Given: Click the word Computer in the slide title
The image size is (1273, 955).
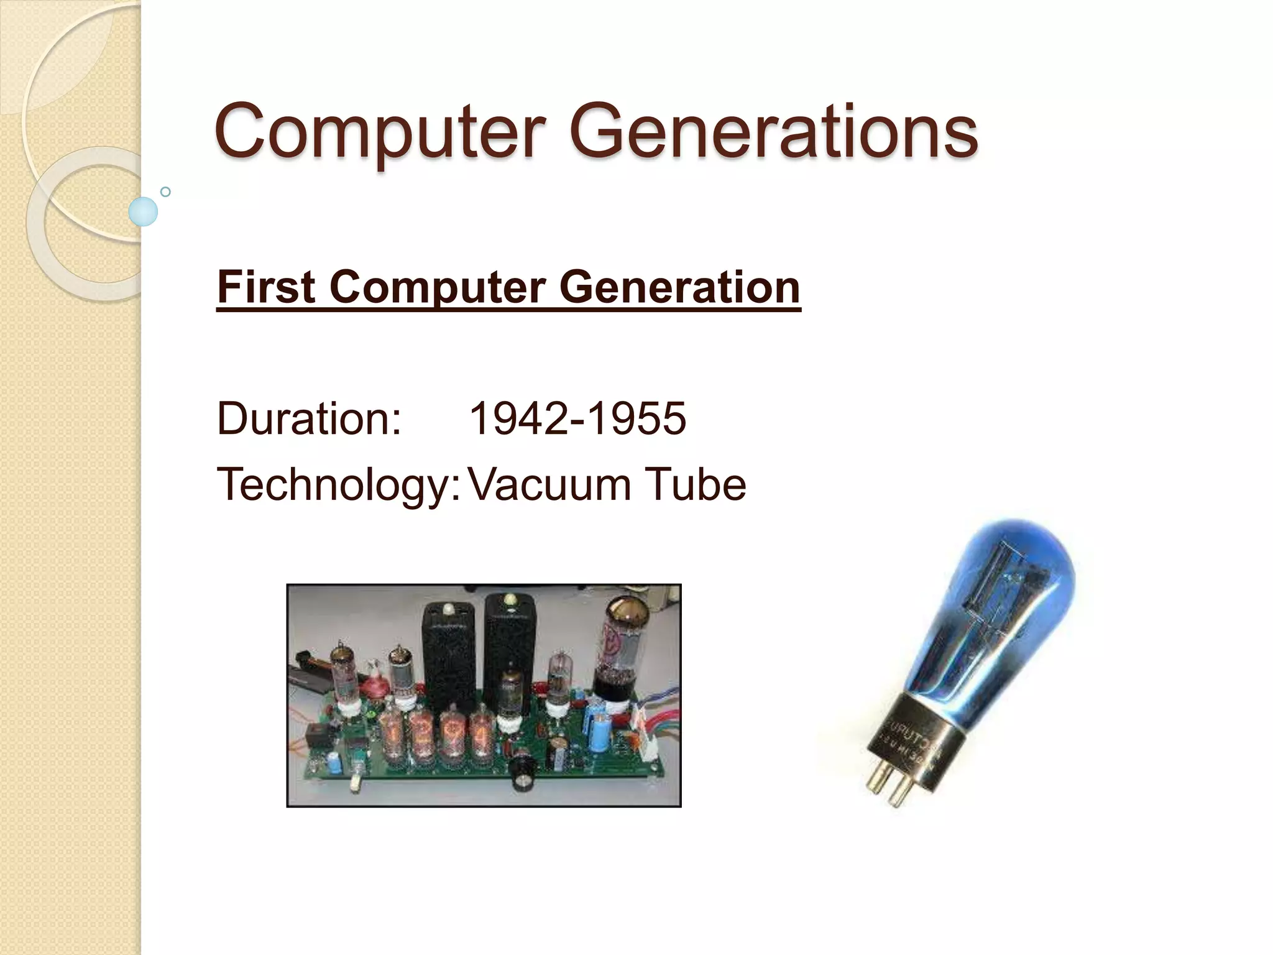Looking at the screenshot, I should click(x=379, y=132).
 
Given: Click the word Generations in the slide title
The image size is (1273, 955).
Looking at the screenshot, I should click(x=773, y=132).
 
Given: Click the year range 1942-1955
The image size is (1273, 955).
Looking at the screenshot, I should click(x=577, y=418).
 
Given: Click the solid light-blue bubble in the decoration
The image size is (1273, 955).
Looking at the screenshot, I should click(x=144, y=211).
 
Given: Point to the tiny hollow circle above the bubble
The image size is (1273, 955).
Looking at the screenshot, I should click(x=165, y=191).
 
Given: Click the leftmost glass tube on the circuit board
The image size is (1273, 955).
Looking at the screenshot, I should click(x=342, y=678).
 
